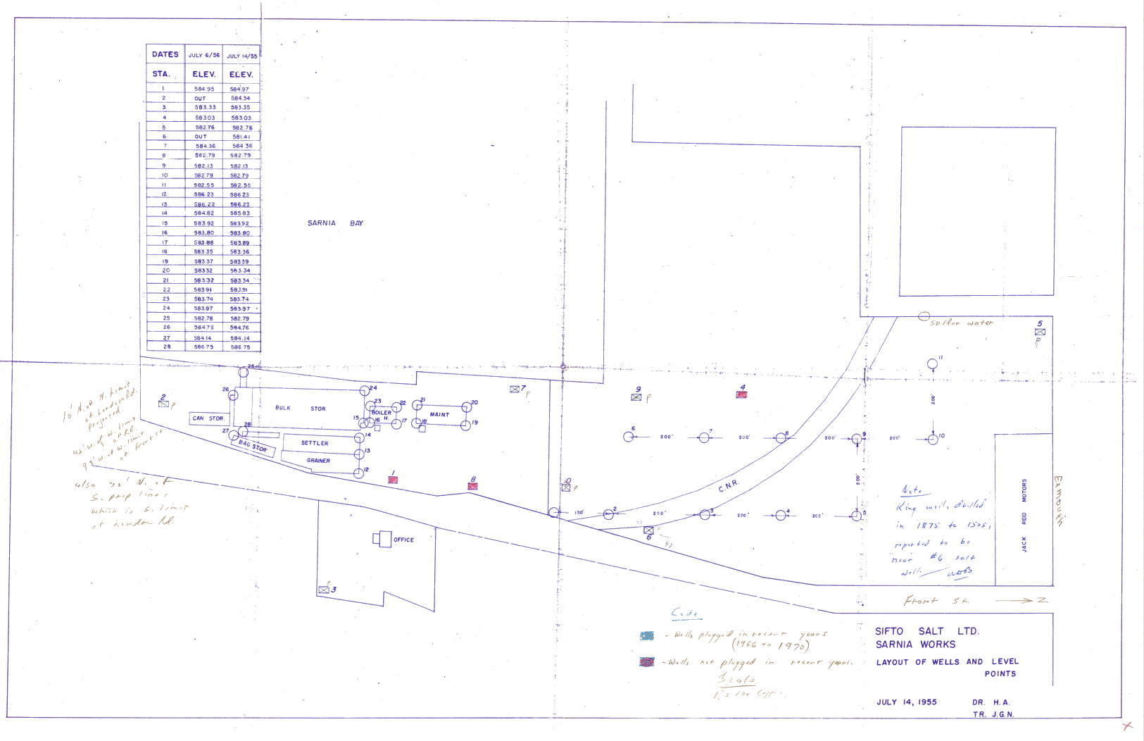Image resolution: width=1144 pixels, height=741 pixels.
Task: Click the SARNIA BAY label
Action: (335, 223)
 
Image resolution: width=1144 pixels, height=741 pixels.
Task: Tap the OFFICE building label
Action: (403, 540)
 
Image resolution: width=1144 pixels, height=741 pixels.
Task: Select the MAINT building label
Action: (439, 415)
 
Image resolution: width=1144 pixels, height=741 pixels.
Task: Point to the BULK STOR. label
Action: (301, 409)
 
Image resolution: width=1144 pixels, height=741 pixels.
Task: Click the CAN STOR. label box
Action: (208, 418)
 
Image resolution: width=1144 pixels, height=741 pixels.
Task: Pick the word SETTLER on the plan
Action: (315, 443)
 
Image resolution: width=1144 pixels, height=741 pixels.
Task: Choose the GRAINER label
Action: (318, 461)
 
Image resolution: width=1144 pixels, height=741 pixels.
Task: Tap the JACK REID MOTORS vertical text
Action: (1024, 516)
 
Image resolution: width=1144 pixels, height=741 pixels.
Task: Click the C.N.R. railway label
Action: (729, 485)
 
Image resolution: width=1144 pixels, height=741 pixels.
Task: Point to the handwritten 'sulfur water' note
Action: (961, 323)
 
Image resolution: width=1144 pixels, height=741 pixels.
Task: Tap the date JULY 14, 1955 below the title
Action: (906, 702)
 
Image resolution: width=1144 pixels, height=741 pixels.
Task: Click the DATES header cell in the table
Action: (165, 54)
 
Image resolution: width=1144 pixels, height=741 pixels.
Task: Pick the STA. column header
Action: (161, 74)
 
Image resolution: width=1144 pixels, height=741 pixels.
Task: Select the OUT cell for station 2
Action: (201, 99)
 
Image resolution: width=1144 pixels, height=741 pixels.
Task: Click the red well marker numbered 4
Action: (741, 395)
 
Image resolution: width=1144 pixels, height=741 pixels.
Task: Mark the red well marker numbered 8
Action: (472, 487)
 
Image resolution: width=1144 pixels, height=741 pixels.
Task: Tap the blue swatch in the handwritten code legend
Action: (646, 636)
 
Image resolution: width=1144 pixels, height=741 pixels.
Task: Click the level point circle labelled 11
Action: (932, 364)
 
